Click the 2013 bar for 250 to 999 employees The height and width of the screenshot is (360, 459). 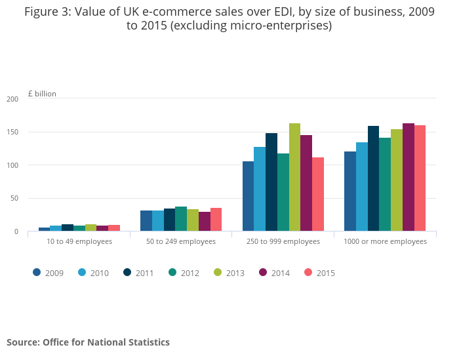click(294, 177)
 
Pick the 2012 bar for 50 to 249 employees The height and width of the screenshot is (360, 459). click(181, 219)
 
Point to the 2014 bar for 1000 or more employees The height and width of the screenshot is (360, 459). click(408, 177)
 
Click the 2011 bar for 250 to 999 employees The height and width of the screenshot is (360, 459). click(271, 182)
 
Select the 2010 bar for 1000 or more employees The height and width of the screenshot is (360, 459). click(362, 186)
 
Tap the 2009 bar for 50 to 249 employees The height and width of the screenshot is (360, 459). click(146, 221)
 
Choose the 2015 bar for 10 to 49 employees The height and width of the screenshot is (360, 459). click(114, 228)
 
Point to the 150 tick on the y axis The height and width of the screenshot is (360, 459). click(12, 132)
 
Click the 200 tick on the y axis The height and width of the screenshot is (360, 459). click(12, 99)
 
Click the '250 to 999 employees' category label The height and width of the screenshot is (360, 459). click(283, 241)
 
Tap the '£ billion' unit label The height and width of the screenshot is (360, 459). click(42, 94)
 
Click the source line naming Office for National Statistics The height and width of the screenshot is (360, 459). click(88, 342)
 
